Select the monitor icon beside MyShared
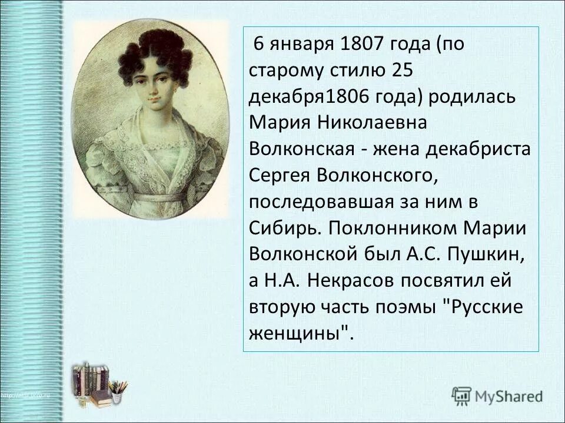point(461,395)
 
